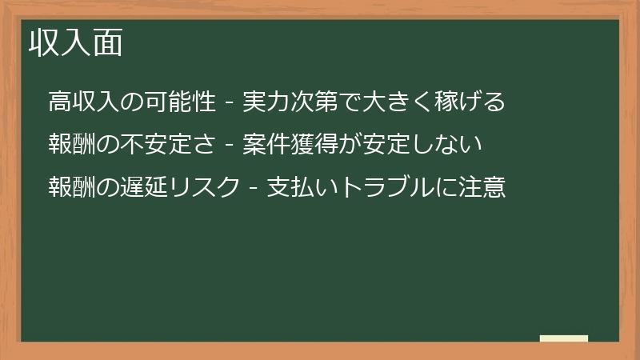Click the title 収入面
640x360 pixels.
pos(76,43)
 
